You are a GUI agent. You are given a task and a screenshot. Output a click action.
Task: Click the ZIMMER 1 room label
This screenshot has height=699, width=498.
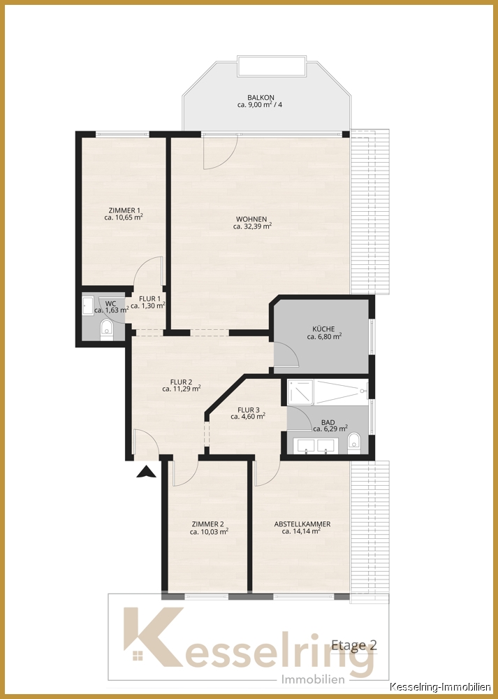pos(124,210)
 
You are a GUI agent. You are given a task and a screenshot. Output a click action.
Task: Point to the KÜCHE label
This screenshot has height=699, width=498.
pos(323,329)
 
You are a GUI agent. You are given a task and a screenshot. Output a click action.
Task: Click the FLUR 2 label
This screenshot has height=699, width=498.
pos(181,382)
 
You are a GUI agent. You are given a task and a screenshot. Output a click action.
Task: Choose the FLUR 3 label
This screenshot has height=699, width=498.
pos(248,410)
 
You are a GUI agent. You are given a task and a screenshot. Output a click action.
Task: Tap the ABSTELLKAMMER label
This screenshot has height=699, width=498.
pos(302,524)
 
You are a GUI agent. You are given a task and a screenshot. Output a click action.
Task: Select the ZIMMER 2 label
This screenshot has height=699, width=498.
pos(207,524)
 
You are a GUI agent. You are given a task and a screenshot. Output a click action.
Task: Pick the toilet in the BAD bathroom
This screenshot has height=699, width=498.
pos(353,441)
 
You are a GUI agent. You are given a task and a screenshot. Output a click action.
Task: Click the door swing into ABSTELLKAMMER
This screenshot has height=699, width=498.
pos(265,474)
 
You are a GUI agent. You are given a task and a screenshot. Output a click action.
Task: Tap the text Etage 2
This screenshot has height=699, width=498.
pos(353,645)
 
